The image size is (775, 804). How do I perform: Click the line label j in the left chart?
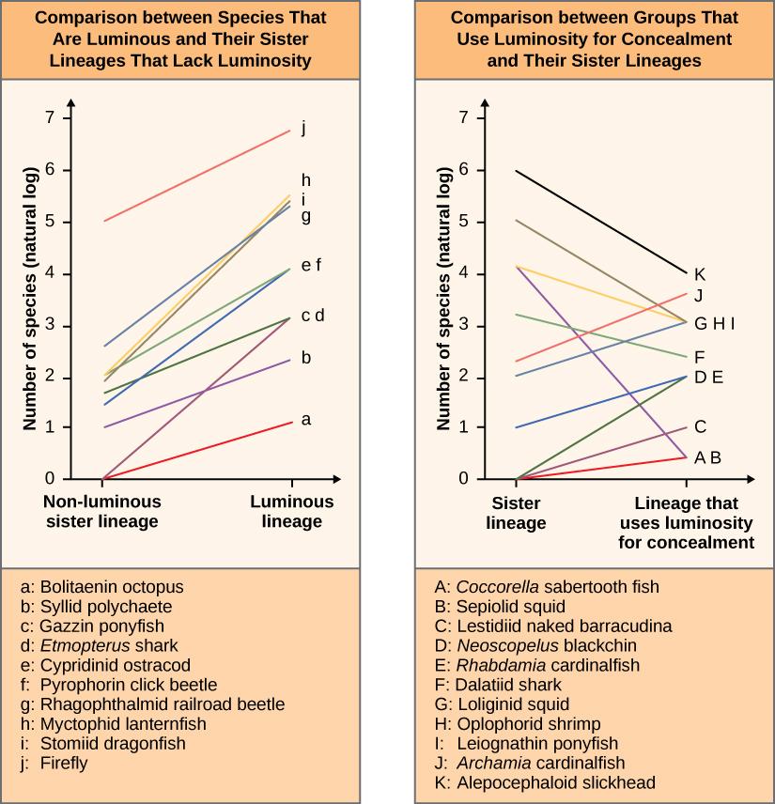coord(303,129)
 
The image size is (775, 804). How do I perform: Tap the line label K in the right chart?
coord(699,274)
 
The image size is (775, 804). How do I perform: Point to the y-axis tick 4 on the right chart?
coord(463,273)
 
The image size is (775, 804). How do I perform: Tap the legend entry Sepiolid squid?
coord(500,606)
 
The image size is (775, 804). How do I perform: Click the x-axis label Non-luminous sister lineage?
coord(101,511)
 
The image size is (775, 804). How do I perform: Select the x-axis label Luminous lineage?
coord(291,511)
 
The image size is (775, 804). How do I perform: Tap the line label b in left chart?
coord(305,358)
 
